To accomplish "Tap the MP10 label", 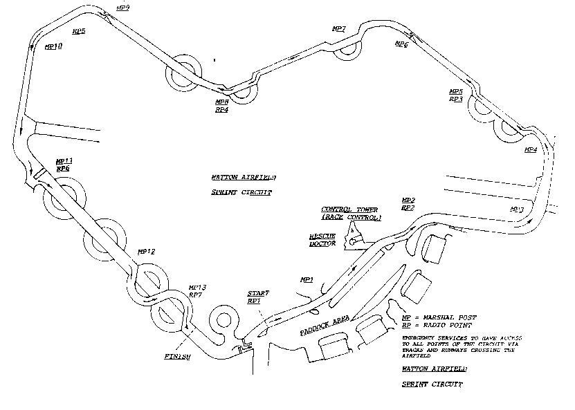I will (x=53, y=46).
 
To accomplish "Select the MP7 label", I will (x=338, y=28).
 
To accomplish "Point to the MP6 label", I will (x=401, y=44).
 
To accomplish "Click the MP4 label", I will (x=530, y=149).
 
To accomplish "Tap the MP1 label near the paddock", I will (x=307, y=279).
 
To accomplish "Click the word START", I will (x=258, y=294).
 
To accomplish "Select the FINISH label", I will (x=177, y=357).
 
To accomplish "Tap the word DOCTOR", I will (x=322, y=243).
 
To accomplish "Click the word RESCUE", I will (x=322, y=236).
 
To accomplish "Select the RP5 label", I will (x=79, y=31).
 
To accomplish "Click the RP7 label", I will (x=196, y=295).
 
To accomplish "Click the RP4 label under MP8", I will (x=221, y=110).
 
